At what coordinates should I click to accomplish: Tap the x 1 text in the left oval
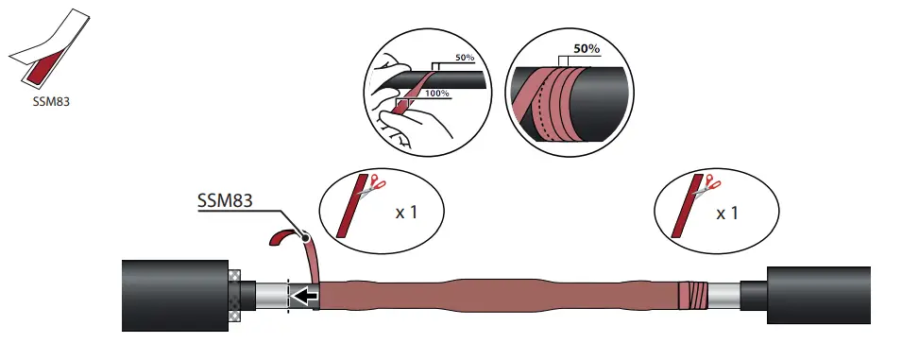[x=407, y=212]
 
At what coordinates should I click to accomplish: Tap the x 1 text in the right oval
[x=727, y=213]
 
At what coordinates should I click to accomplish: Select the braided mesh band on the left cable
[x=236, y=296]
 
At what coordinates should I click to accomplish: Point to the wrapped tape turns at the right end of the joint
[x=693, y=295]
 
